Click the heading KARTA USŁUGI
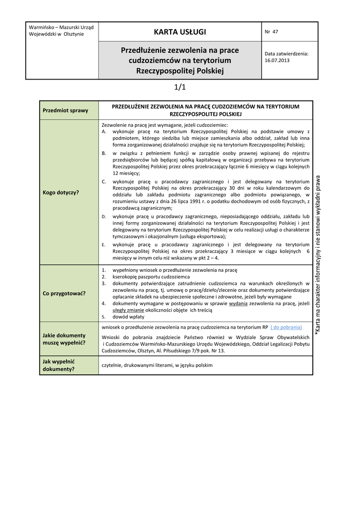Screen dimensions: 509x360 [x=180, y=32]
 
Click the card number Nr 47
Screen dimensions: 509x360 [x=271, y=32]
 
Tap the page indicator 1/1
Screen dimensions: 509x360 [x=180, y=87]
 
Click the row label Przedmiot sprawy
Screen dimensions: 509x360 [x=66, y=110]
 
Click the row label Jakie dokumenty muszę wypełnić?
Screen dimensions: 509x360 [x=64, y=339]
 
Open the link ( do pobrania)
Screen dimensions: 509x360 [x=286, y=328]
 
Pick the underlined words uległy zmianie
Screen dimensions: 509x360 [x=129, y=310]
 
